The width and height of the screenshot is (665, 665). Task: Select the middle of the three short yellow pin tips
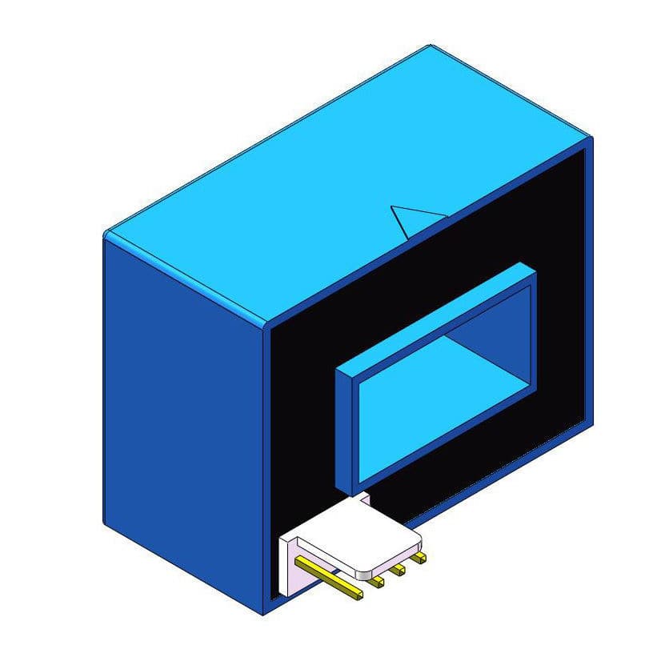pyautogui.click(x=398, y=569)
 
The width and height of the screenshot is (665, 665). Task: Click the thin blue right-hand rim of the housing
pyautogui.click(x=590, y=280)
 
